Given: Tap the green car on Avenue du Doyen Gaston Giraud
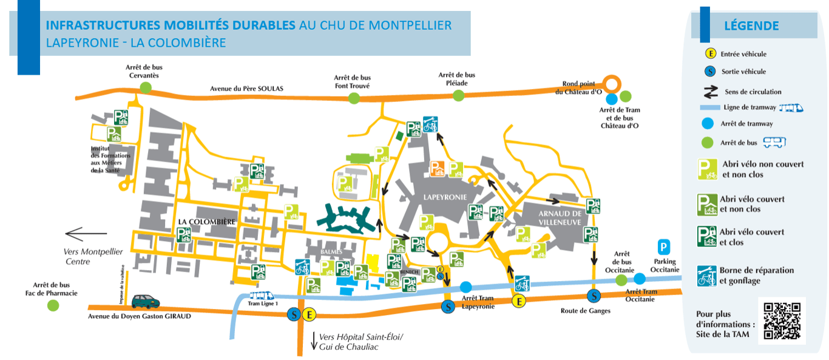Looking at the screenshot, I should pos(146,301).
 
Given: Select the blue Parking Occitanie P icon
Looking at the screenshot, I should pos(665,247).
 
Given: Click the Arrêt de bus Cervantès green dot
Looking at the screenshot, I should pos(146,87).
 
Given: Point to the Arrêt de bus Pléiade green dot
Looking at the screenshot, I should pos(458,95).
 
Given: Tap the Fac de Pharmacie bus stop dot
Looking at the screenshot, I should pos(53,305).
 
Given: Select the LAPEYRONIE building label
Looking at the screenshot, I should pos(445,198).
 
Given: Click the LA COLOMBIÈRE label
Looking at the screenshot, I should pos(207,222).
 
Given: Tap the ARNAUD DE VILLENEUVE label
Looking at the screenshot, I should pos(560,218).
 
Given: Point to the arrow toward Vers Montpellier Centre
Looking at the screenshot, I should pos(86,234).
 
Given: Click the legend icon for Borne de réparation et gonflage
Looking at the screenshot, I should pos(706,276).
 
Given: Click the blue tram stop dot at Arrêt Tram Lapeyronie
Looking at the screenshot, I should pos(466,287).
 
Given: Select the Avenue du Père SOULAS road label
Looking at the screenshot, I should pos(246,89).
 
